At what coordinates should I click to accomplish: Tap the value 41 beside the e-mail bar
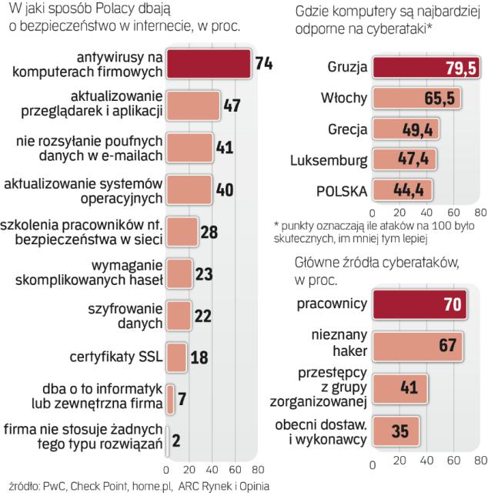click(224, 147)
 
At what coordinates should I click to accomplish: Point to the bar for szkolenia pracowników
click(182, 230)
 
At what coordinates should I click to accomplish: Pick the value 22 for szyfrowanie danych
click(202, 314)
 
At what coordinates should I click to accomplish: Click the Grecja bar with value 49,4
click(393, 129)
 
